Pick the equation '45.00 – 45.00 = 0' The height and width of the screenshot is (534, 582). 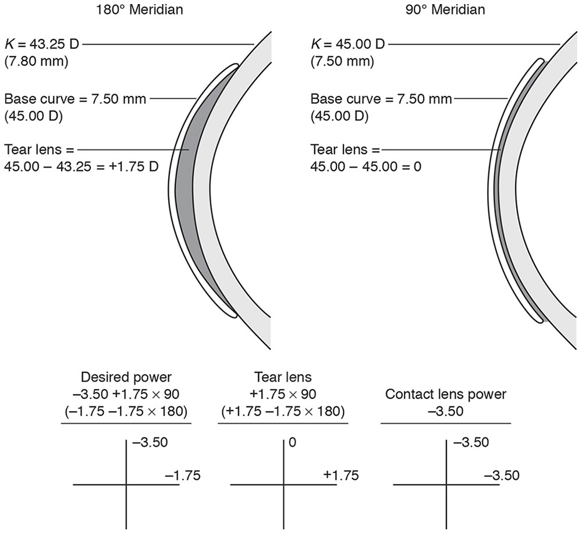point(366,167)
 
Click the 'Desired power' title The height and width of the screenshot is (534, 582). point(127,378)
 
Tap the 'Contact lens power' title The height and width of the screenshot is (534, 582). point(446,394)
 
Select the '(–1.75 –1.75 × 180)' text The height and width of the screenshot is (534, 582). point(127,412)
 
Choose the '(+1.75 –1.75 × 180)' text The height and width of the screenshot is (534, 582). point(283,412)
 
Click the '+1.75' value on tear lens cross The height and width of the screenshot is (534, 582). point(340,475)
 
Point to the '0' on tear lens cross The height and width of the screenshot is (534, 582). point(292,443)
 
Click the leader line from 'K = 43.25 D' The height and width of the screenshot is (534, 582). point(169,44)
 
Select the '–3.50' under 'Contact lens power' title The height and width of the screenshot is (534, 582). point(446,411)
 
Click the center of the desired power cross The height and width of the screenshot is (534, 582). point(126,484)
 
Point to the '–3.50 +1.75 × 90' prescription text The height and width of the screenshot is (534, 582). point(127,394)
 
